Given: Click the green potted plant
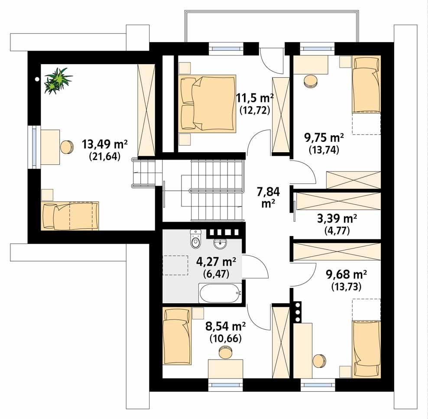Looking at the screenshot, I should pos(58,80).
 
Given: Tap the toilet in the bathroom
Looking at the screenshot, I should pos(196,239).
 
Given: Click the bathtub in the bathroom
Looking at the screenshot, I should pos(220,293).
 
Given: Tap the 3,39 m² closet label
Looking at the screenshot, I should pos(337,218).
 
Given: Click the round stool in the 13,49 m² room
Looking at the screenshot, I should pos(67,147).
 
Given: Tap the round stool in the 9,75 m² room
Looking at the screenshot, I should pos(310,81).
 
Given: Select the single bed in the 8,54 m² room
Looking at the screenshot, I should pos(176,336).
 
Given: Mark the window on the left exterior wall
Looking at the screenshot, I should pos(33,147).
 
